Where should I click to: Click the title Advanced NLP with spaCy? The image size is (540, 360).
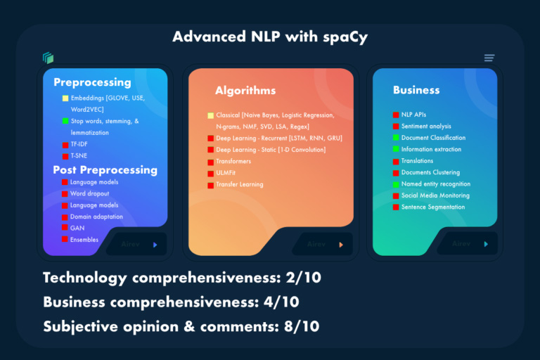pos(269,36)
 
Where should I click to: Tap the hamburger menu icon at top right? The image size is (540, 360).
pos(489,58)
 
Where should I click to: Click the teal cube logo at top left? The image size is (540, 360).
pos(48,58)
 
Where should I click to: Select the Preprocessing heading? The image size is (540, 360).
pos(92,82)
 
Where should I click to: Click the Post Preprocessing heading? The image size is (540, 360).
pos(105,169)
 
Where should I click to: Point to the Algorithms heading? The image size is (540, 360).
pos(245,91)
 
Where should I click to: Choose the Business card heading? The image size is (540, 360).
pos(416,90)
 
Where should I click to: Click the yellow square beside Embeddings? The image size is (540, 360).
pos(65,98)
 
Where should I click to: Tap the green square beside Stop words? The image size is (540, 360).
pos(65,121)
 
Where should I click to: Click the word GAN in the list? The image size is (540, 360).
pos(77,228)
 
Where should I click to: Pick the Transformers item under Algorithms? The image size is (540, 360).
pos(233,161)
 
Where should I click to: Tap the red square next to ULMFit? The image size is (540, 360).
pos(210,173)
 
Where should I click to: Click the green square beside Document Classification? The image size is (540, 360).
pos(396,138)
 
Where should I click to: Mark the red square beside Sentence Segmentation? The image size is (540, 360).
pos(396,207)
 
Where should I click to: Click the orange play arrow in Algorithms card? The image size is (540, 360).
pos(341,245)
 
